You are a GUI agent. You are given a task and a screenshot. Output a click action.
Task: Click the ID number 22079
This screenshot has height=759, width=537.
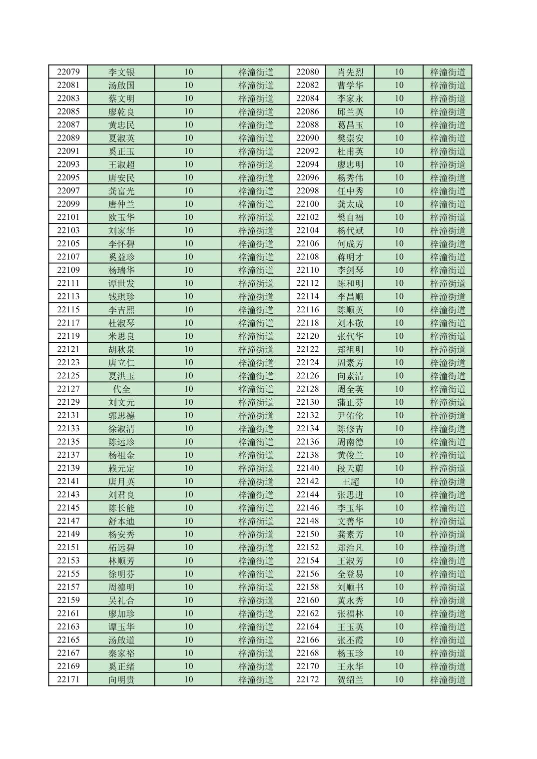coord(68,72)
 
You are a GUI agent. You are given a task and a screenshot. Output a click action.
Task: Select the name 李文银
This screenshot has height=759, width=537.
coord(121,72)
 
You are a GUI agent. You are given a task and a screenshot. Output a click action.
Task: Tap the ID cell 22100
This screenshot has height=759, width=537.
coord(307,204)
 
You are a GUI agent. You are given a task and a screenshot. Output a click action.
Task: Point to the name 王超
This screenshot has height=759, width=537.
coord(350,482)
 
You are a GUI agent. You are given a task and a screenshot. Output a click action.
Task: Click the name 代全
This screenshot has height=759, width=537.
coord(121,389)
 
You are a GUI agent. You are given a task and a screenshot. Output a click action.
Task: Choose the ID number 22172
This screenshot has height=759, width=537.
coord(307,680)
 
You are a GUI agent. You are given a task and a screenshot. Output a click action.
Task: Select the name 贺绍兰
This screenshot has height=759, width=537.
coord(350,680)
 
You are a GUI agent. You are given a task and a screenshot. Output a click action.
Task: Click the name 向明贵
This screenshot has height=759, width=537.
coord(121,680)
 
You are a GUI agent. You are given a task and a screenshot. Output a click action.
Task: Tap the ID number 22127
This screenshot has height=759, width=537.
coord(68,389)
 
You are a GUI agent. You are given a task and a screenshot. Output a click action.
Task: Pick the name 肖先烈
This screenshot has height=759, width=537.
coord(350,72)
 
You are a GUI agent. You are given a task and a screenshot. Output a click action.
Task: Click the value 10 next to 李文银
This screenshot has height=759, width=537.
coord(188,72)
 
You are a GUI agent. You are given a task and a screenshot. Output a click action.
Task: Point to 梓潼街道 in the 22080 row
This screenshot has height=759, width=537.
coord(448,72)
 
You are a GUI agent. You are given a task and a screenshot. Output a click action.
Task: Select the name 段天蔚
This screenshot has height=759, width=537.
coord(350,468)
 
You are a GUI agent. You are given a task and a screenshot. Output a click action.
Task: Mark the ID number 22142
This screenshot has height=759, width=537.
coord(307,482)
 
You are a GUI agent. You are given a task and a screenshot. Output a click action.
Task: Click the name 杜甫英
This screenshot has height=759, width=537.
coord(350,151)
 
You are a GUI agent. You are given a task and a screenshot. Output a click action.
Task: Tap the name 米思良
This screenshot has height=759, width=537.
coord(121,336)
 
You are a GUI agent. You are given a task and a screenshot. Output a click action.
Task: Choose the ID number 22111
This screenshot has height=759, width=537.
coord(68,283)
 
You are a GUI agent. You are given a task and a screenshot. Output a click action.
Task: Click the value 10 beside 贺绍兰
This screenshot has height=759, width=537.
coord(399,680)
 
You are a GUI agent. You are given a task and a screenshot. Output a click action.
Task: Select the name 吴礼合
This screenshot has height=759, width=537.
coord(121,601)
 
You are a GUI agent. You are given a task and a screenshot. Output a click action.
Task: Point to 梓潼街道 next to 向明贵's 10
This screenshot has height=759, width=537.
coord(256,680)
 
